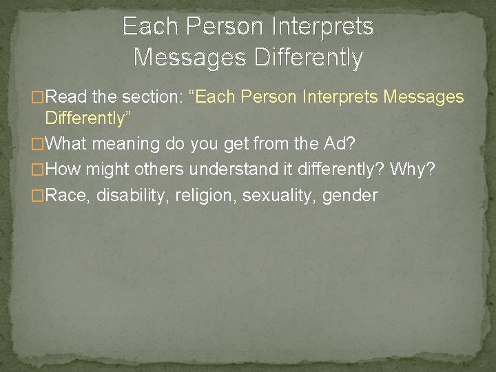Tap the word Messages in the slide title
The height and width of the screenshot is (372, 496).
pos(180,57)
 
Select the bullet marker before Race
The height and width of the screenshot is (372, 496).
pos(39,196)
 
